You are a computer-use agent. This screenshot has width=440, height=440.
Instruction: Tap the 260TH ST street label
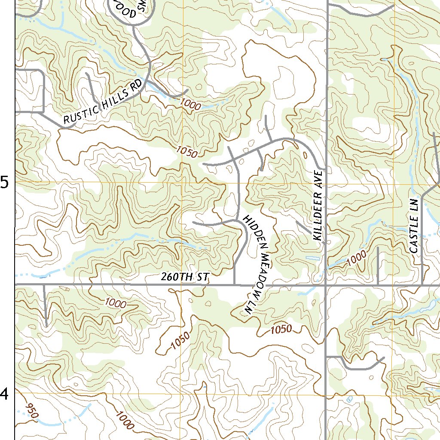click(184, 278)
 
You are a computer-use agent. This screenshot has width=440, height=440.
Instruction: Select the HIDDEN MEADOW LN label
click(257, 265)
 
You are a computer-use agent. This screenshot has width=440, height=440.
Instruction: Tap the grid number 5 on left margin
click(5, 183)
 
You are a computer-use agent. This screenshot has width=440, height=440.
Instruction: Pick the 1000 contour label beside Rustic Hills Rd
click(190, 104)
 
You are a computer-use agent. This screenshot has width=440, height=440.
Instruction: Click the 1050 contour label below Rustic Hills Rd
click(186, 151)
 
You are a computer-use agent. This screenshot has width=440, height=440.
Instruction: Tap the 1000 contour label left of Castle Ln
click(356, 258)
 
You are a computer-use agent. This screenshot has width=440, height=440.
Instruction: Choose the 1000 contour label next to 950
click(125, 420)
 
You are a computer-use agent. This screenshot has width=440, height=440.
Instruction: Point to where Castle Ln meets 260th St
click(423, 284)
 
